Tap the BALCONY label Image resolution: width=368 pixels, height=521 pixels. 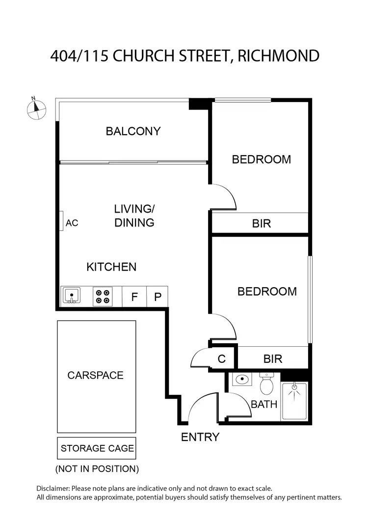(x=133, y=131)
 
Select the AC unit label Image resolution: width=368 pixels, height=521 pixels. (x=72, y=222)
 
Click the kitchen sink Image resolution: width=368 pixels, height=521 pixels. (x=72, y=296)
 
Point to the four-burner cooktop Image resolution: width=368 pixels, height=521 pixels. (x=103, y=296)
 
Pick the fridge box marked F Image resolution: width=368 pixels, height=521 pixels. (x=134, y=297)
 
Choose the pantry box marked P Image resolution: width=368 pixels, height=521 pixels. (x=158, y=297)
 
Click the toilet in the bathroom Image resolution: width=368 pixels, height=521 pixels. (x=266, y=384)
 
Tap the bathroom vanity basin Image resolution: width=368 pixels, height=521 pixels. (x=242, y=380)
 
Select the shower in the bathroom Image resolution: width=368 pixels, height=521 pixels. (x=294, y=401)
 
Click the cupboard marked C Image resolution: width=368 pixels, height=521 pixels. (x=222, y=359)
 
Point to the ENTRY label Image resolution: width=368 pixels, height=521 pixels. (x=200, y=437)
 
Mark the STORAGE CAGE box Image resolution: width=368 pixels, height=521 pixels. (x=97, y=448)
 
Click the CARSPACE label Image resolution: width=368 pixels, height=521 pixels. (x=95, y=375)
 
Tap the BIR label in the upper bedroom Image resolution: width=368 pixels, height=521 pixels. (x=262, y=223)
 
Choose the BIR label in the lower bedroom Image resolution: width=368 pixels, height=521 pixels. (x=273, y=359)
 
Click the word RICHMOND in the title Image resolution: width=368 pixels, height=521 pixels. (x=278, y=55)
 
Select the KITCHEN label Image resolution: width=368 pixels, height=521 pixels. (x=111, y=267)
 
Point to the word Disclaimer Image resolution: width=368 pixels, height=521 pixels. (x=54, y=489)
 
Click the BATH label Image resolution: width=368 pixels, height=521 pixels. (x=264, y=405)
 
